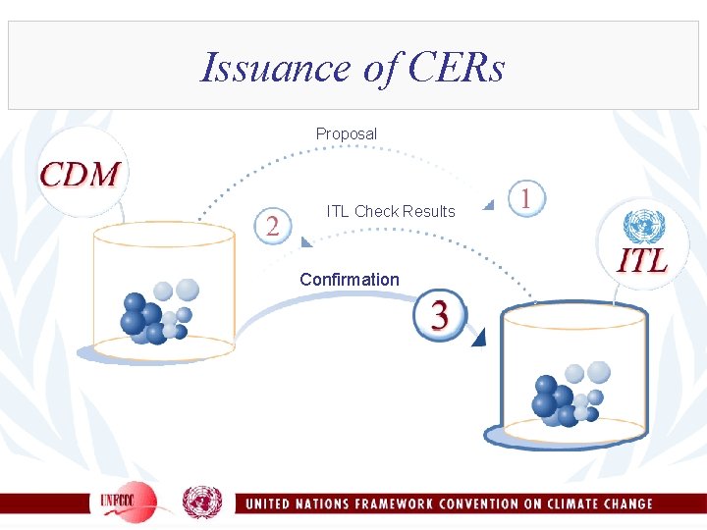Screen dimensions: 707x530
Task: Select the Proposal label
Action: [x=346, y=133]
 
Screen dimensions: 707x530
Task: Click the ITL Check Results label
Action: [x=391, y=211]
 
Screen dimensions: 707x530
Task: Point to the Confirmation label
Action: [x=350, y=280]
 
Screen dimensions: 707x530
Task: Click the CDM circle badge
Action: [x=81, y=174]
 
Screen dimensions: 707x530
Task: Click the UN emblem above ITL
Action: [x=644, y=227]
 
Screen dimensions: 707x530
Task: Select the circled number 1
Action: [x=527, y=198]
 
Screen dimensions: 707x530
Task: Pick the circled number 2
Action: [x=272, y=226]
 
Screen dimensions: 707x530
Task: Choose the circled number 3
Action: [x=440, y=314]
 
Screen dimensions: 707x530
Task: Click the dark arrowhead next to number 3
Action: [x=478, y=339]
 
